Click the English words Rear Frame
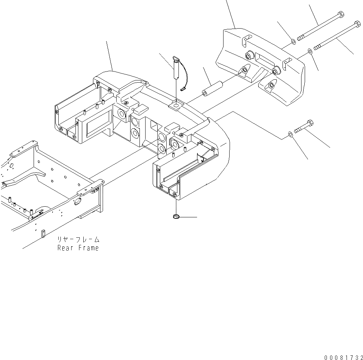pos(78,248)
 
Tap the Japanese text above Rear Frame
pos(78,240)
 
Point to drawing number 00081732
pos(343,357)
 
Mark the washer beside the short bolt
pos(290,134)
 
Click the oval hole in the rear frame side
pos(76,203)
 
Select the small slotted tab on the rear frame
pos(42,233)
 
